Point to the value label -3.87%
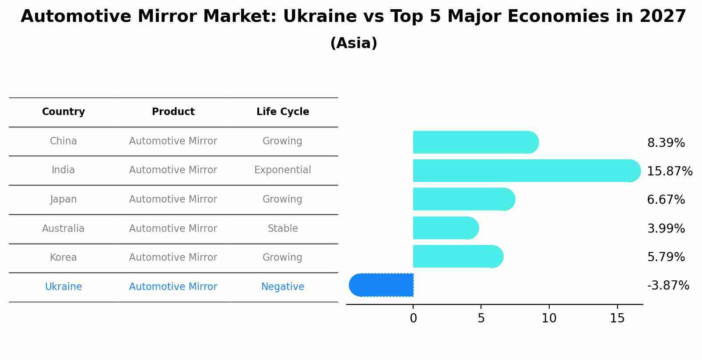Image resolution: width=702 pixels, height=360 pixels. tap(668, 286)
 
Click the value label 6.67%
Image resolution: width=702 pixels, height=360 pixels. tap(666, 200)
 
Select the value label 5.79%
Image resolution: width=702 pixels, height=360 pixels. tap(666, 257)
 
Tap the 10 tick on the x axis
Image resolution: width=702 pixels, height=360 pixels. tap(549, 318)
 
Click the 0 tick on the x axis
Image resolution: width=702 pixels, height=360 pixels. tap(413, 318)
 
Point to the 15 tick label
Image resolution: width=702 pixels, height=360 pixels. tap(617, 318)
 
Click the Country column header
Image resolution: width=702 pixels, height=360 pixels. tap(63, 112)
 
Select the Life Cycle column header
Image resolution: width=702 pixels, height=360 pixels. tap(283, 112)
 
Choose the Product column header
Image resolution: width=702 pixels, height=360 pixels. tap(173, 112)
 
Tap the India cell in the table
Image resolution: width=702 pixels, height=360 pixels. tap(63, 170)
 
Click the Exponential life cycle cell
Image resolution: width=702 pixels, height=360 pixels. tap(283, 170)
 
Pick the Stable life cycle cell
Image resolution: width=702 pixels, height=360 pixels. tap(283, 228)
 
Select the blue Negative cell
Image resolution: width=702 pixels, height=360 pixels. tap(283, 287)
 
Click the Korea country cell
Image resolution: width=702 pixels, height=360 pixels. tap(63, 257)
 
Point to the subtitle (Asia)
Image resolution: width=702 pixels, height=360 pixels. tap(354, 43)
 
